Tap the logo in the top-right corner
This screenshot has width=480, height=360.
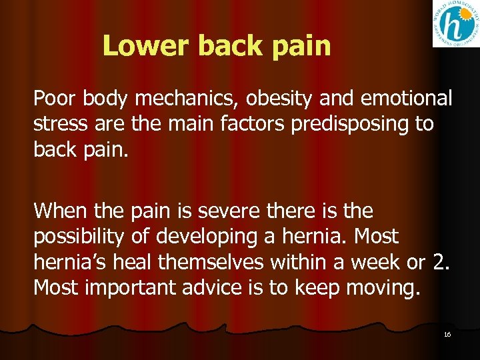click(x=455, y=24)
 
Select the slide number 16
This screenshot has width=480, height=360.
click(x=447, y=334)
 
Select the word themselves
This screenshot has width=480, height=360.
click(x=210, y=261)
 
